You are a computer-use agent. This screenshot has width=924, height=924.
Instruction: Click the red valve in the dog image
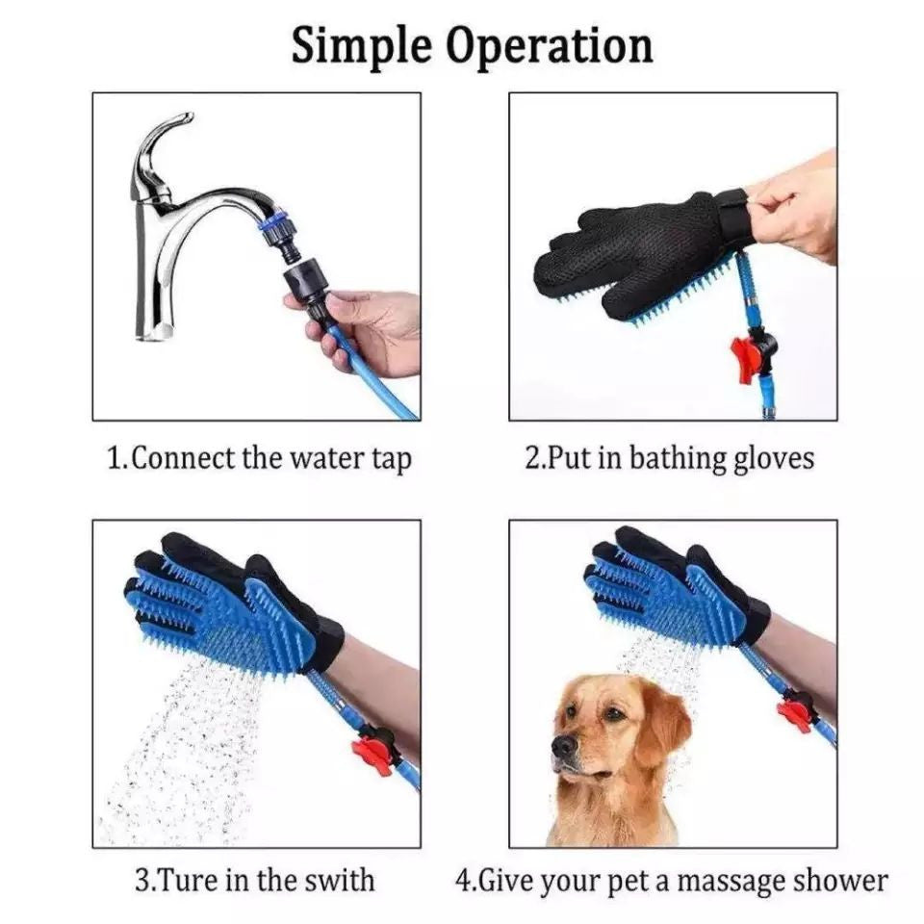click(796, 711)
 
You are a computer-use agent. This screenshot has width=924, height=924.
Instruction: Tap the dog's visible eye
click(613, 714)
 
